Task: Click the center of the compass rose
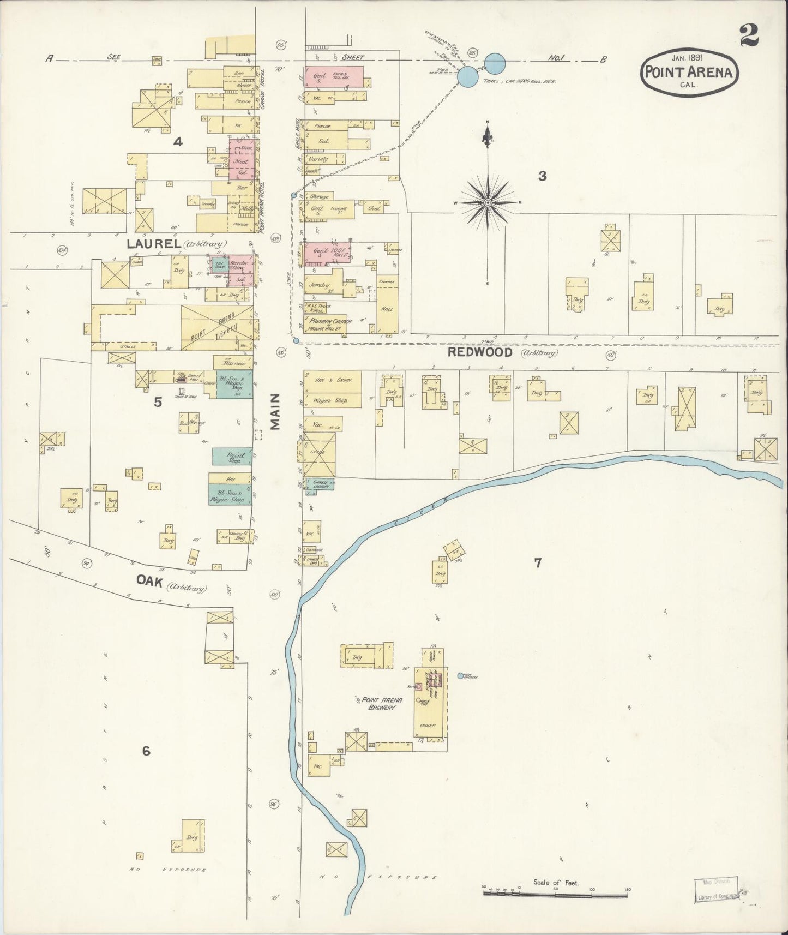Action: coord(488,202)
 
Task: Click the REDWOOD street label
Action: coord(480,352)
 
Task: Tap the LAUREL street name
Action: coord(154,244)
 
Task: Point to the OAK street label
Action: coord(150,582)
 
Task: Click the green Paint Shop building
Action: coord(232,457)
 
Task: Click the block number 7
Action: coord(538,563)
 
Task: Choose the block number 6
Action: coord(146,751)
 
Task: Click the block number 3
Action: coord(542,176)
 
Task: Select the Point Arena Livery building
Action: coord(217,326)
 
